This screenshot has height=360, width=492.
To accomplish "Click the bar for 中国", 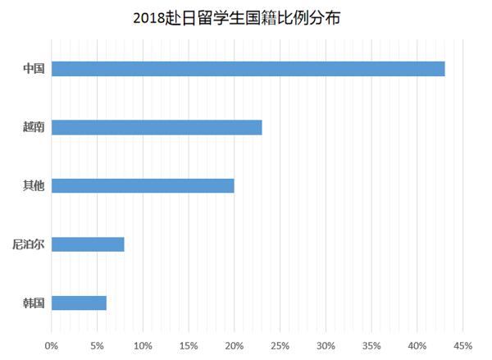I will (x=248, y=69).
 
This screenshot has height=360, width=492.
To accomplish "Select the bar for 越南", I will (x=157, y=127).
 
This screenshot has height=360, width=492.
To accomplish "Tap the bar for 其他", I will (x=143, y=185).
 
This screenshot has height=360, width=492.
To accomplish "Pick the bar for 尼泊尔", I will (x=88, y=244).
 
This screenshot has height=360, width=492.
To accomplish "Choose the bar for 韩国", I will (x=79, y=303).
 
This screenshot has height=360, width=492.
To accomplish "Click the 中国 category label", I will (x=34, y=69).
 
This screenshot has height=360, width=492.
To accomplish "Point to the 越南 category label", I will (x=34, y=127).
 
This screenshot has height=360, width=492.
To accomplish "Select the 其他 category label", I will (x=34, y=185).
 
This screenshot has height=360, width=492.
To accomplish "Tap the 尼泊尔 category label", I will (x=29, y=244).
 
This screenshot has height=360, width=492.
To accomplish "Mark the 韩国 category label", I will (x=34, y=303).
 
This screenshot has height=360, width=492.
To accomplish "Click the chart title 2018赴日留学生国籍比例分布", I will (x=235, y=16).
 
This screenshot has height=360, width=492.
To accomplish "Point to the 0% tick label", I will (x=52, y=344).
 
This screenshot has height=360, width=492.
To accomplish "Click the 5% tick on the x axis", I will (x=97, y=344).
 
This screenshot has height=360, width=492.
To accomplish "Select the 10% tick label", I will (x=143, y=344).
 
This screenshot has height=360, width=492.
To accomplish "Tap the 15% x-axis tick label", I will (x=189, y=344).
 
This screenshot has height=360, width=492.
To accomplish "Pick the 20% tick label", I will (x=235, y=344).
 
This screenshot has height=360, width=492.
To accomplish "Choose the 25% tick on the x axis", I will (x=280, y=344).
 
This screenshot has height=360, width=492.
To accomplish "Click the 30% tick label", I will (x=326, y=344).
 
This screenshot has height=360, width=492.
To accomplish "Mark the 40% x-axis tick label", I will (x=417, y=344).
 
